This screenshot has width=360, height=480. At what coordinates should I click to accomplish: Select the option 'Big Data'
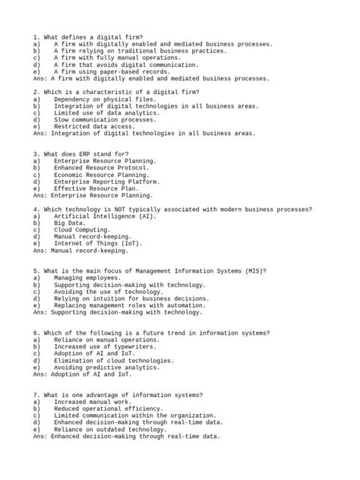pos(71,223)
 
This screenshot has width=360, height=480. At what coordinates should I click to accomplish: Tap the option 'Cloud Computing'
pos(82,230)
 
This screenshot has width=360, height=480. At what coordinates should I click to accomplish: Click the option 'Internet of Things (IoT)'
pos(97,244)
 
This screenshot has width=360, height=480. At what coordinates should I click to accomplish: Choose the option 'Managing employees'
pos(86,278)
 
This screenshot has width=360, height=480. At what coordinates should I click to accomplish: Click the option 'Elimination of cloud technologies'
pos(114,361)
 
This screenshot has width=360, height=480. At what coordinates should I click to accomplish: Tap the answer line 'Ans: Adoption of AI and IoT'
pos(82,374)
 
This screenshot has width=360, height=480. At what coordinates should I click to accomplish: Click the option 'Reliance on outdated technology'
pos(110,430)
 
